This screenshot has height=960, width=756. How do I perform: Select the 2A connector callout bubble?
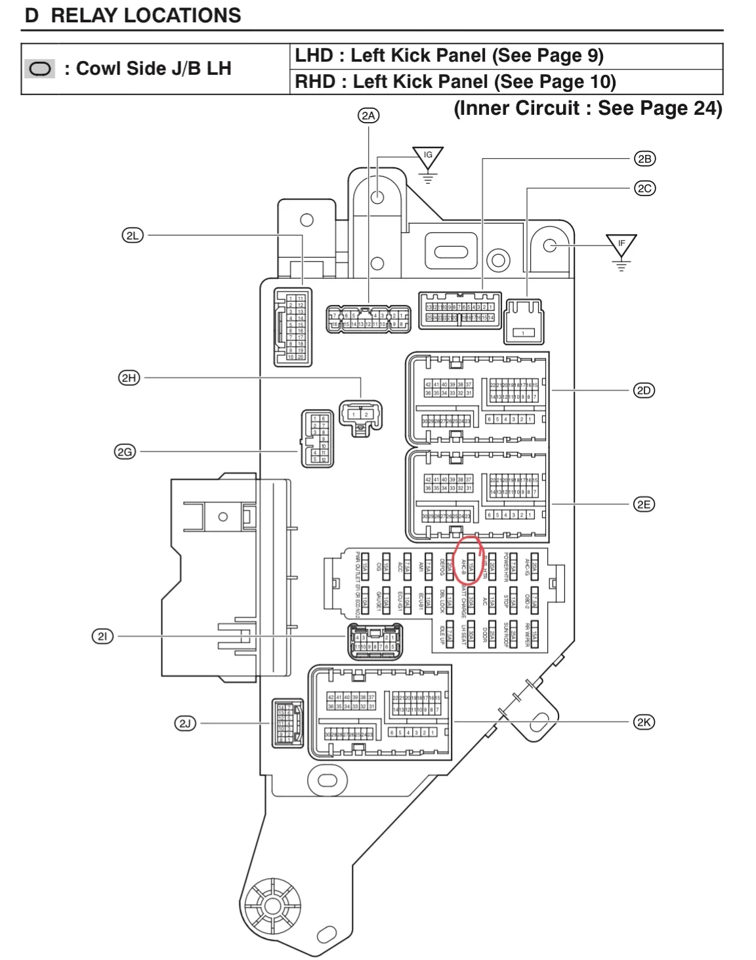(369, 115)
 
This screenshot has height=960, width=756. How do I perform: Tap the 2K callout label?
(644, 722)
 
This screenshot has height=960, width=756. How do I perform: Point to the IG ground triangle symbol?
(428, 157)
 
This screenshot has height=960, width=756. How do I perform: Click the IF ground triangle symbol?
(621, 245)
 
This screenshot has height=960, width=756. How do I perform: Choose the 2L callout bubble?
(133, 235)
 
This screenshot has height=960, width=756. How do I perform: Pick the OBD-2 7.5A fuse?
(534, 600)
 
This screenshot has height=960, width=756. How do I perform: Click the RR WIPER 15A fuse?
(535, 635)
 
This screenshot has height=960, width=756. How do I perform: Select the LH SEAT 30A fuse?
(471, 635)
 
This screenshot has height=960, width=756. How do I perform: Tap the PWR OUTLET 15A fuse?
(365, 566)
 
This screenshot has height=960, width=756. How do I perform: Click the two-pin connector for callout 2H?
(360, 415)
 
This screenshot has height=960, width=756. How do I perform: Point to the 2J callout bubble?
(185, 723)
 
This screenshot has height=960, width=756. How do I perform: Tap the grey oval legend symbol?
(40, 69)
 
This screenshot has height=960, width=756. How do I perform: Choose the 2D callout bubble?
(644, 390)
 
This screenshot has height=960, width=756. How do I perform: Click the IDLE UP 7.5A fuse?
(449, 635)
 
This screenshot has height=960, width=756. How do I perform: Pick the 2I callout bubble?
(102, 636)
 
